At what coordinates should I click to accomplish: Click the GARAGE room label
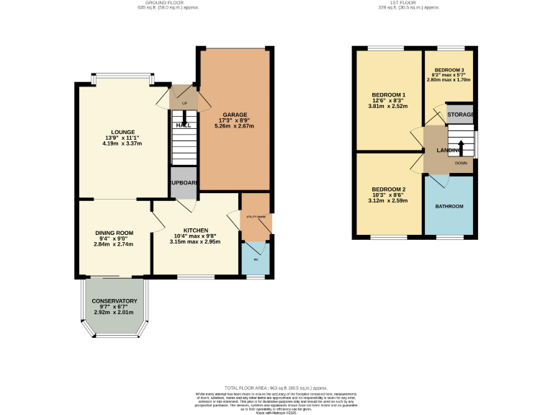click(x=235, y=115)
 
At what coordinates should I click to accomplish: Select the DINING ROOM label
click(x=114, y=233)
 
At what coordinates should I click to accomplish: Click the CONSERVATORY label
click(x=114, y=300)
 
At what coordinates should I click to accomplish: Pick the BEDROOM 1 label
click(x=388, y=95)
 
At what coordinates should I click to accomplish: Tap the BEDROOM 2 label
click(x=388, y=189)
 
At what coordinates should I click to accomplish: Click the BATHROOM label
click(x=449, y=207)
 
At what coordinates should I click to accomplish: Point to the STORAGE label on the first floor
click(x=460, y=115)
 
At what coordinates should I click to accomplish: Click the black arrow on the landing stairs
click(x=461, y=148)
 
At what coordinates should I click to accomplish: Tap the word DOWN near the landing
click(x=461, y=164)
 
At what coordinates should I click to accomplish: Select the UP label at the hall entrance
click(x=184, y=104)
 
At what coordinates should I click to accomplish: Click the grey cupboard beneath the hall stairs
click(x=184, y=183)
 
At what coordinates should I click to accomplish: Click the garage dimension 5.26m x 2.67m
click(x=235, y=126)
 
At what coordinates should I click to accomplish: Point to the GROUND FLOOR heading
click(x=166, y=3)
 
